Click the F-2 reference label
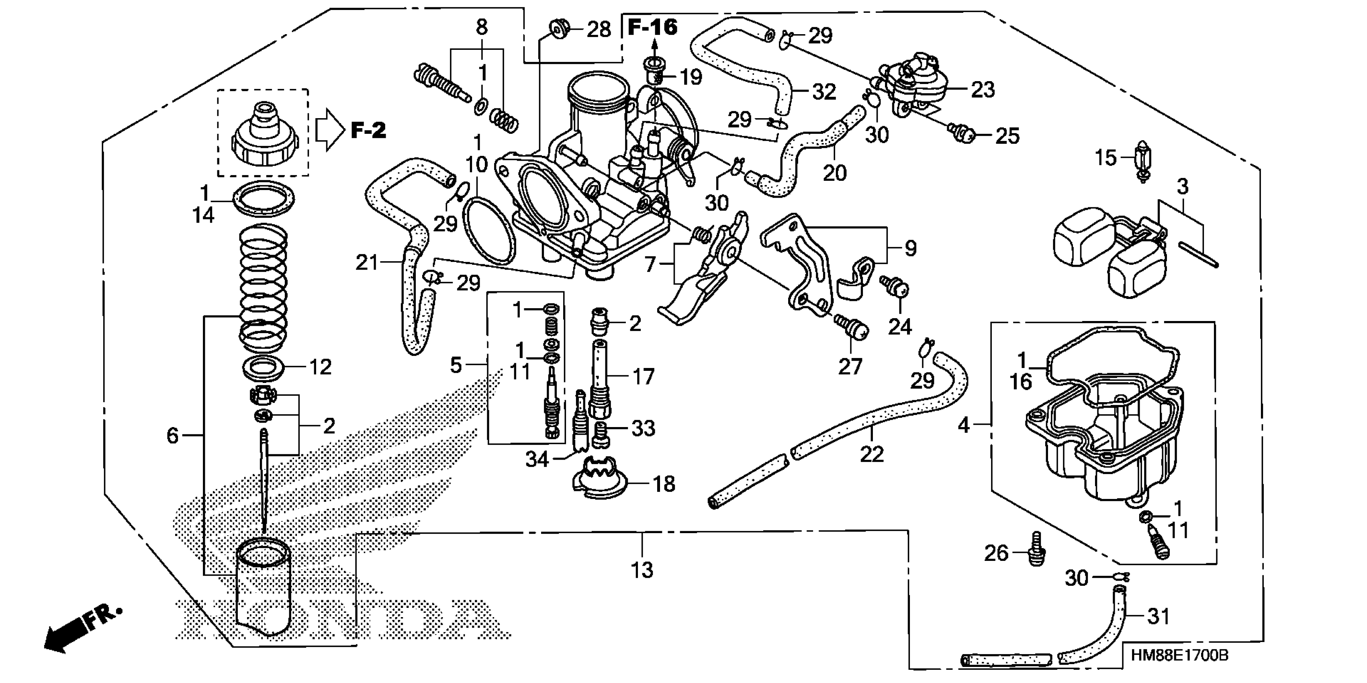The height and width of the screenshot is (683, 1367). click(x=368, y=130)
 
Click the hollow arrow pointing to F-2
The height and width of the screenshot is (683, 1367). click(x=329, y=130)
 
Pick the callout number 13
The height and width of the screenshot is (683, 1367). click(x=642, y=570)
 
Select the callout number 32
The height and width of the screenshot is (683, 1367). click(x=824, y=92)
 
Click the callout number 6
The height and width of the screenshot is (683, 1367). click(x=172, y=435)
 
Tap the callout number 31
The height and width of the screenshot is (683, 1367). click(x=1159, y=616)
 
